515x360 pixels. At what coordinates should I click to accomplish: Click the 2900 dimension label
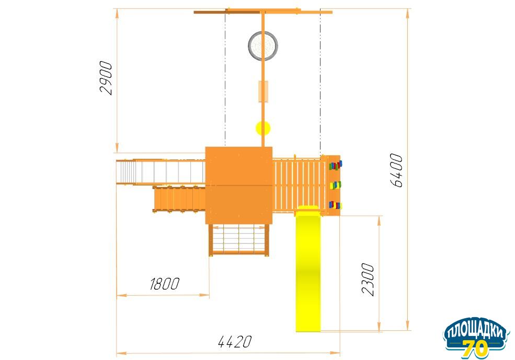point(106,78)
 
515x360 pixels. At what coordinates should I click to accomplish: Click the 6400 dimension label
point(396,170)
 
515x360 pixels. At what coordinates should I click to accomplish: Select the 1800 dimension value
point(165,284)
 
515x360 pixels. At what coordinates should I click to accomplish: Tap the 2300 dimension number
point(368,279)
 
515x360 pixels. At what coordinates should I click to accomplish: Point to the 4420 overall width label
point(235,342)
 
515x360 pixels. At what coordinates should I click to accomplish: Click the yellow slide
point(308,269)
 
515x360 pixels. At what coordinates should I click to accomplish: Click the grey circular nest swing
point(263,45)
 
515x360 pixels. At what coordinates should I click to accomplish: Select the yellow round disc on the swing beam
point(263,128)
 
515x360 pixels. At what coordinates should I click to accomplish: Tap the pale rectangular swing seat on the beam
point(263,91)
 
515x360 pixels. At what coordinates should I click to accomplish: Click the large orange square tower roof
point(239,185)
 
